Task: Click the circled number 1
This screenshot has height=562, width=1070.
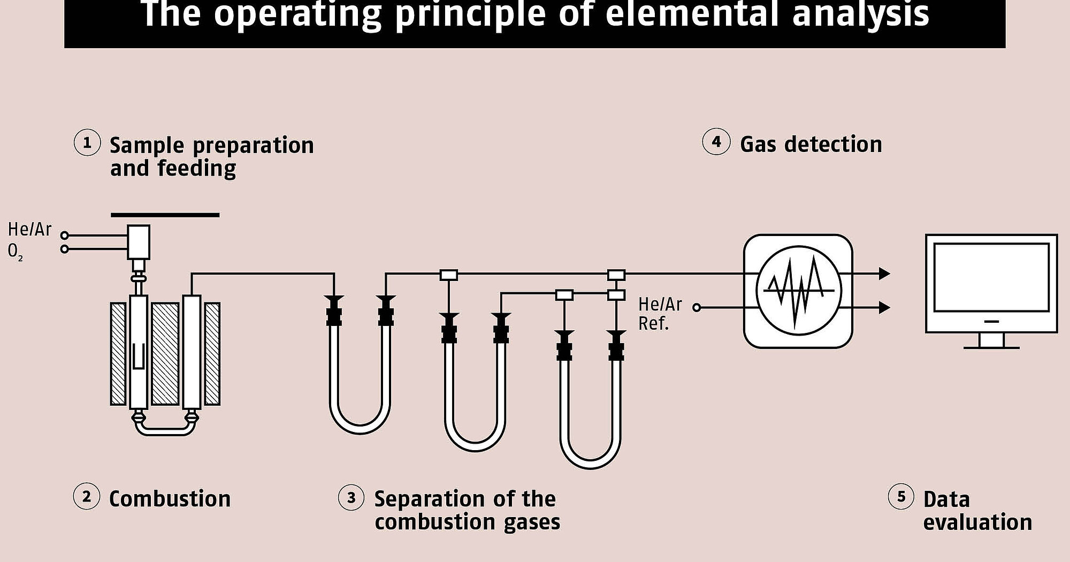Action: click(x=87, y=143)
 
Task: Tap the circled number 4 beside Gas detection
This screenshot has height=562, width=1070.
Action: click(x=716, y=142)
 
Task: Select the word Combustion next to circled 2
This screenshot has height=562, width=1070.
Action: click(x=170, y=499)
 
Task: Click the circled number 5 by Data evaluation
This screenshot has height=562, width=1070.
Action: click(x=901, y=497)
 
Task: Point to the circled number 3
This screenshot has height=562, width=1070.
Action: click(x=351, y=498)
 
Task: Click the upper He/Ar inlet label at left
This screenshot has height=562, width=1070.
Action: click(x=29, y=230)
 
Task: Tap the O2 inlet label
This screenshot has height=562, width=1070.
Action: click(x=15, y=251)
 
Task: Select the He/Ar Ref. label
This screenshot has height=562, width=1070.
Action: click(x=660, y=314)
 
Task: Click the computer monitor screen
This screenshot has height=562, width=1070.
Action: click(x=991, y=277)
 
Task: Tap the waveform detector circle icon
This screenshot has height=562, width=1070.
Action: click(x=798, y=291)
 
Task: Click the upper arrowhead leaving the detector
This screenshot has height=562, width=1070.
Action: click(x=884, y=274)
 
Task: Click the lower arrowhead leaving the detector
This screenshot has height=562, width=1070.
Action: click(x=884, y=307)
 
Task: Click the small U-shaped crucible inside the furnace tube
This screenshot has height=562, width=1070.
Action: click(x=138, y=356)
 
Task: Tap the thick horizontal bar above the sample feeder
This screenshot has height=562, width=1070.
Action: click(x=165, y=215)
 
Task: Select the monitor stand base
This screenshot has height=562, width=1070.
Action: click(x=991, y=347)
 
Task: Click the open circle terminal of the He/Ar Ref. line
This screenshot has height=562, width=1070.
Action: click(x=697, y=307)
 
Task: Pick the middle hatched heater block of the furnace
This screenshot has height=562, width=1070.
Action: click(x=165, y=353)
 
